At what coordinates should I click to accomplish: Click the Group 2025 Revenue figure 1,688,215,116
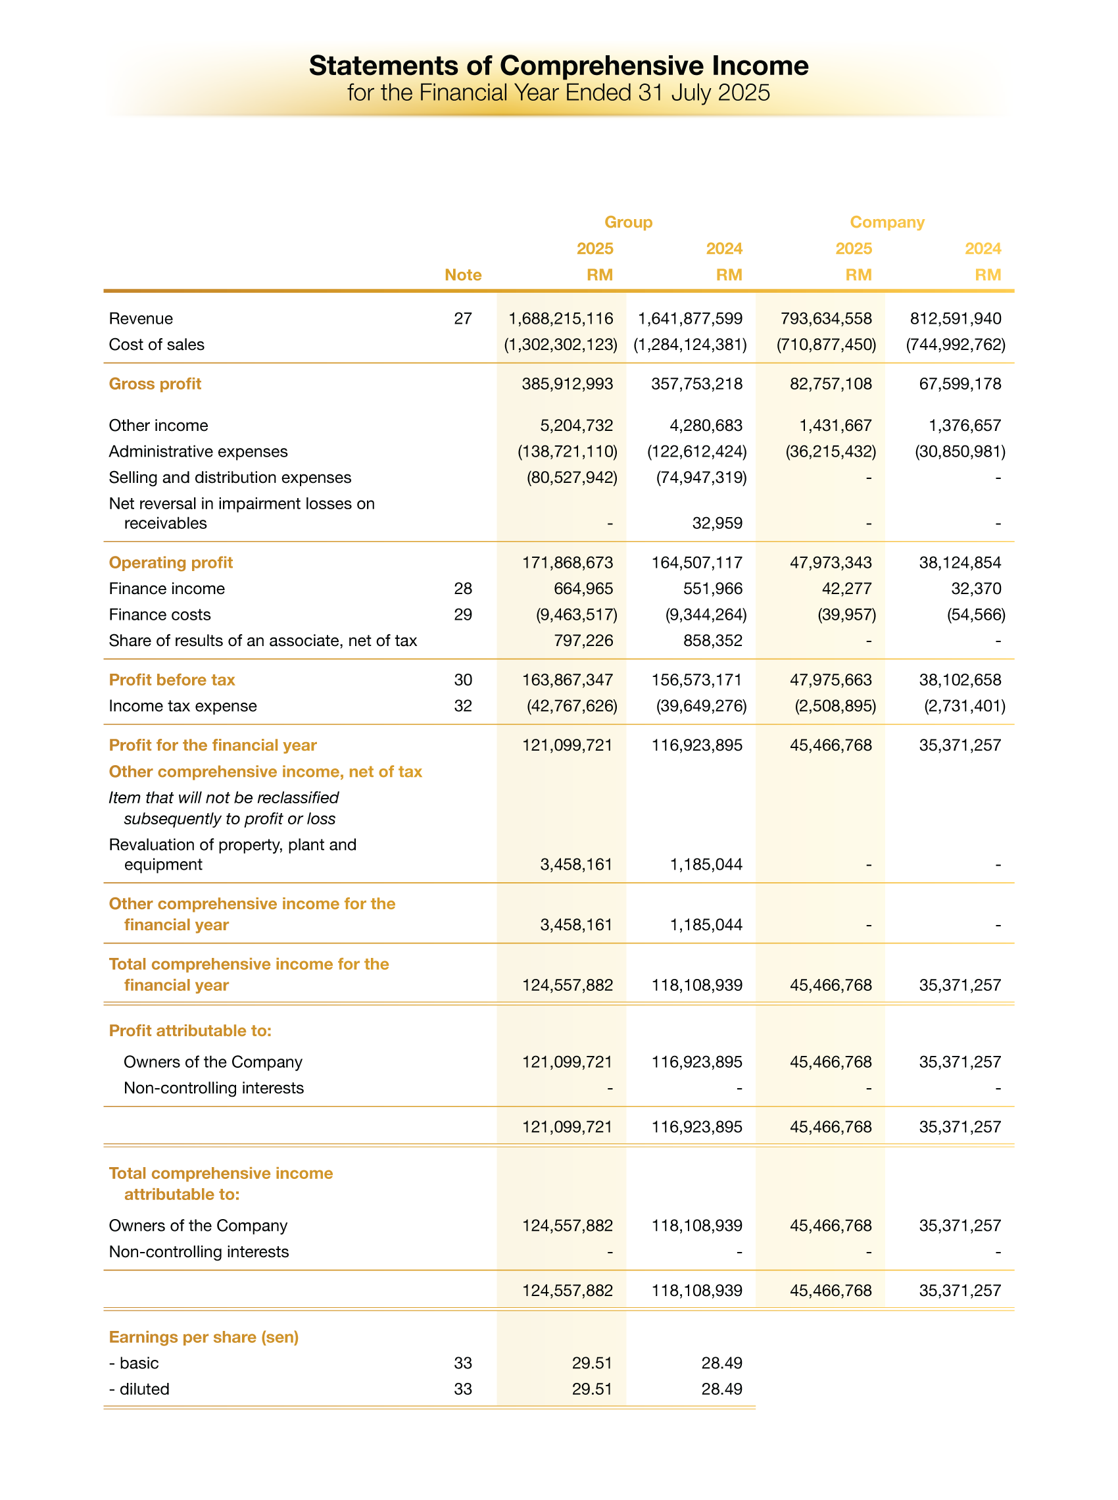pos(560,318)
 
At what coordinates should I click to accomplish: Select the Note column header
pos(463,275)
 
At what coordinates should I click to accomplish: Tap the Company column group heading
pos(887,222)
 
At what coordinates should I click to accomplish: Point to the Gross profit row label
pos(155,384)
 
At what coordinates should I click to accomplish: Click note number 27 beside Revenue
pos(463,318)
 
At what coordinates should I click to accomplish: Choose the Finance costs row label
pos(160,614)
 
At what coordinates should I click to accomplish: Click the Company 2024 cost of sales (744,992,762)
pos(956,345)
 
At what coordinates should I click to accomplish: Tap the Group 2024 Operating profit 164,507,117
pos(696,562)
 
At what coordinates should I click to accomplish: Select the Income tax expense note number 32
pos(463,706)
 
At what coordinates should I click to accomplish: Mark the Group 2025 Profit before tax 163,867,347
pos(567,680)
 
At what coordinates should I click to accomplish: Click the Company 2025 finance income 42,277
pos(846,589)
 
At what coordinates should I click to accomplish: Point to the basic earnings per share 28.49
pos(721,1362)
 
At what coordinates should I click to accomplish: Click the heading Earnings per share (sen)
pos(204,1337)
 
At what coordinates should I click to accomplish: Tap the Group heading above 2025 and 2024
pos(628,222)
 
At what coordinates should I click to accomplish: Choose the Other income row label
pos(158,425)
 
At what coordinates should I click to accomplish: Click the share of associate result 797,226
pos(583,640)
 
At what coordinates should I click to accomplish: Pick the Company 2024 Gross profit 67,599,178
pos(960,384)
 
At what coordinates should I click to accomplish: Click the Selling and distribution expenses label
pos(230,477)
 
